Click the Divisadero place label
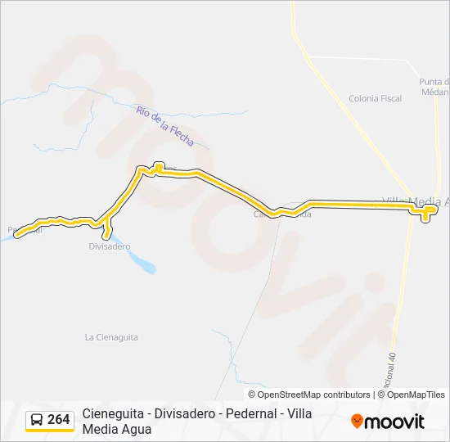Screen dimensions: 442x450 [x=110, y=246]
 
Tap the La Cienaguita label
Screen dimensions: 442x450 [x=111, y=337]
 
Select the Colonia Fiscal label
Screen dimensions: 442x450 [x=375, y=98]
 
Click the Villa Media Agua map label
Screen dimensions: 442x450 [x=416, y=201]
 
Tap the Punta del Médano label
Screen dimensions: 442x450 [x=434, y=87]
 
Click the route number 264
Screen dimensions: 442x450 [x=59, y=420]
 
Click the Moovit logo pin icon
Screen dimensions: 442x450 [x=357, y=422]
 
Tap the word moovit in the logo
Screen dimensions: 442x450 [x=394, y=422]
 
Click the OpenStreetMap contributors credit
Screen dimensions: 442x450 [x=308, y=395]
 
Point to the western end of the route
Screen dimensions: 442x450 [x=17, y=233]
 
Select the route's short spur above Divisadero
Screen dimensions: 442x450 [x=107, y=232]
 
